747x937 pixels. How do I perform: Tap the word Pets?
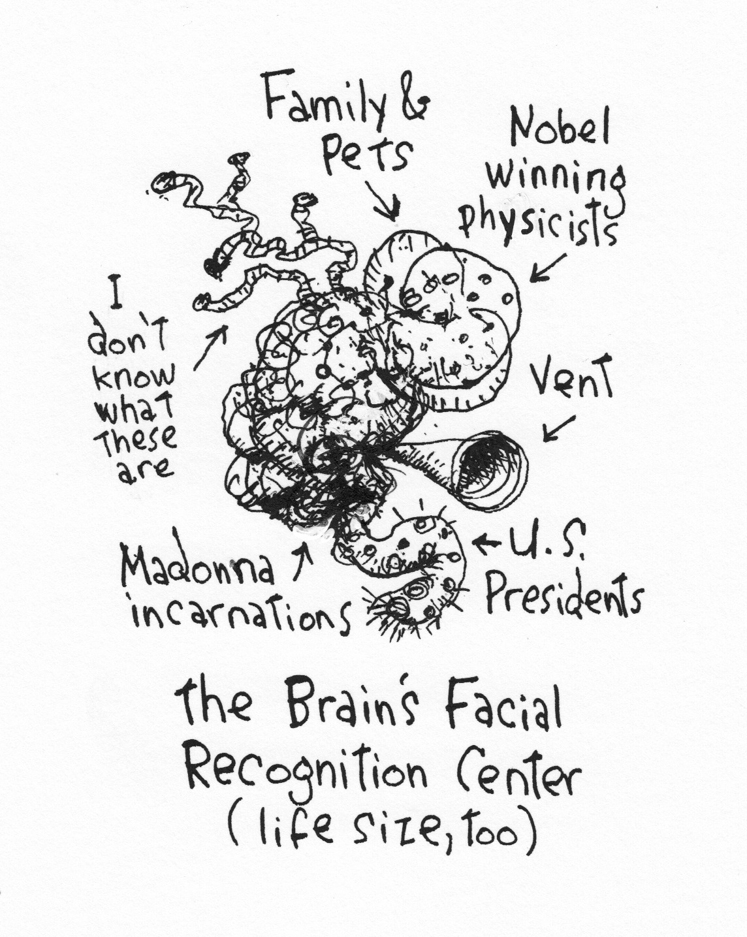coord(369,154)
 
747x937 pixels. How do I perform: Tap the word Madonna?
coord(196,569)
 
